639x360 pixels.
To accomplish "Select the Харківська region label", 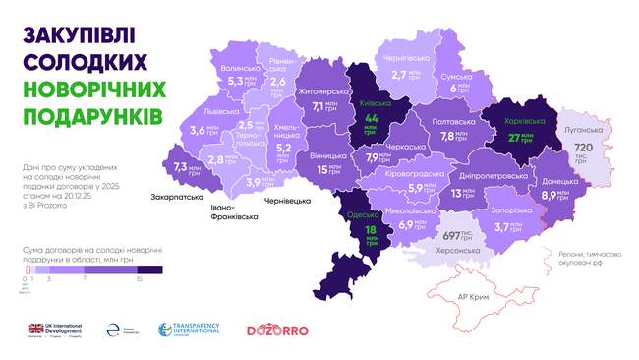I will tap(517, 121).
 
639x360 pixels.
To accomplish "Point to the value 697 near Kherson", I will tap(451, 236).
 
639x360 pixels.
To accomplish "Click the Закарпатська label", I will tap(178, 196).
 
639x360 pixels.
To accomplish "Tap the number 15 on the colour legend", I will tap(139, 279).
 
